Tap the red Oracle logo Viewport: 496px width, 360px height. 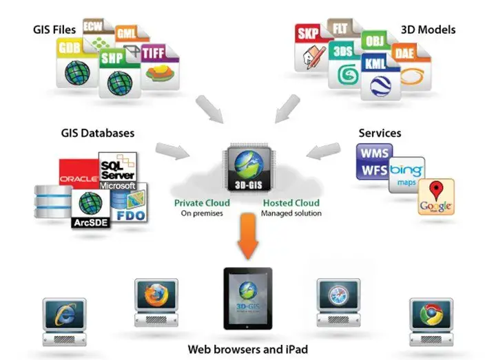click(x=79, y=176)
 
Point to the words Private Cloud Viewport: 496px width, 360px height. click(x=202, y=204)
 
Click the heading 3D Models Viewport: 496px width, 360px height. click(x=428, y=30)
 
